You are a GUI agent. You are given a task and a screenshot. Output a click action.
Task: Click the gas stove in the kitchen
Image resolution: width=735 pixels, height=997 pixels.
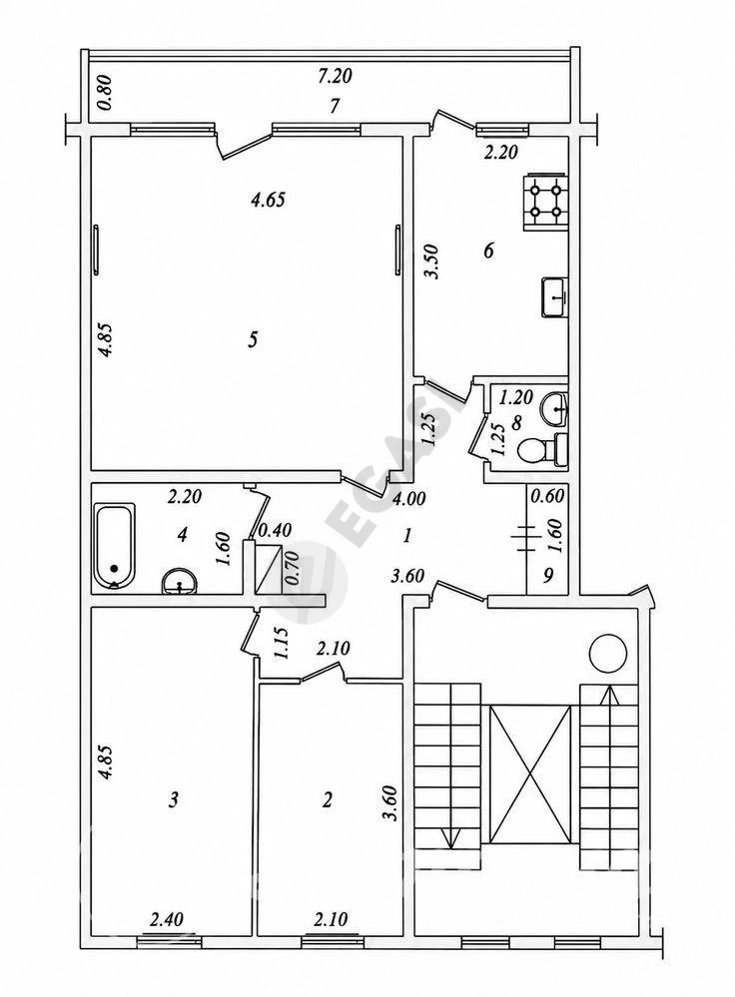click(x=545, y=203)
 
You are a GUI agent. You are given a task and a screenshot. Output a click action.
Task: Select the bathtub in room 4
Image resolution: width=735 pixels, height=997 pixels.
click(x=115, y=545)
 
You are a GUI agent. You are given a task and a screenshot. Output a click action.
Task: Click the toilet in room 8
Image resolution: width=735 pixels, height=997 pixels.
click(x=541, y=451)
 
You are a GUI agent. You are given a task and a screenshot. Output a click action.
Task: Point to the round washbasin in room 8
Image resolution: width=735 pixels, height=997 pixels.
click(x=555, y=408)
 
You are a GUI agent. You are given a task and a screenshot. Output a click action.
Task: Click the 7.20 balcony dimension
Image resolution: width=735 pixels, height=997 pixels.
click(x=335, y=76)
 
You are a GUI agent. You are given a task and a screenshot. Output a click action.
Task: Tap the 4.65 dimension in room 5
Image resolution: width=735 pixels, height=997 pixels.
click(x=268, y=201)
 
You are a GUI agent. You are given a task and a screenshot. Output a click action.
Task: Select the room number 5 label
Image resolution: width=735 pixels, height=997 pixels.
click(x=253, y=340)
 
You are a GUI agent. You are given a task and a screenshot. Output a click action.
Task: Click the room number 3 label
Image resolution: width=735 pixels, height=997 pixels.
click(x=173, y=798)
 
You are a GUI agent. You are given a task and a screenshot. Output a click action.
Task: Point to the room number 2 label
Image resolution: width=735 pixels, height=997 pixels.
click(x=328, y=799)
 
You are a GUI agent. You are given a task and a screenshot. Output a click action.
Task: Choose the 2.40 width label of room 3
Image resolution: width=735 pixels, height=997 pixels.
click(x=167, y=919)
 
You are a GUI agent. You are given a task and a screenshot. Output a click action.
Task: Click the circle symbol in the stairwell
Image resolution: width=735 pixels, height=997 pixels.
click(x=608, y=653)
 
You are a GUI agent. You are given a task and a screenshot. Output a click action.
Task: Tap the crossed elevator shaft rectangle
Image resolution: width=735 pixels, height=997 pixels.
click(x=530, y=774)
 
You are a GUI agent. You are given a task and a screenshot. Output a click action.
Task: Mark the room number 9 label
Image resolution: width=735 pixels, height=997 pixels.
click(x=548, y=575)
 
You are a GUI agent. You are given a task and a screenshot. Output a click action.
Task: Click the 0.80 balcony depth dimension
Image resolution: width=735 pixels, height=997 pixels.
click(x=106, y=93)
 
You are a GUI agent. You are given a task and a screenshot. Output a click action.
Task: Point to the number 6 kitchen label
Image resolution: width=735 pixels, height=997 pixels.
click(x=488, y=250)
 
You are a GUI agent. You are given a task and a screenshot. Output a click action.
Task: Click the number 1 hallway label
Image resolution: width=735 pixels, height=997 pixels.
click(x=406, y=536)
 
